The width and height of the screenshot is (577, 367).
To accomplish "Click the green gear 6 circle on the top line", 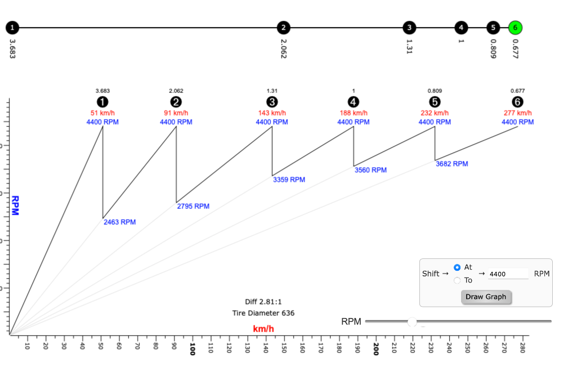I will [x=515, y=27].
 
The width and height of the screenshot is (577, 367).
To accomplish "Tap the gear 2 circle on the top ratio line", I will [x=284, y=27].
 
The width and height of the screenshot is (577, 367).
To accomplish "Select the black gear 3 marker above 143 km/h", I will [x=272, y=102].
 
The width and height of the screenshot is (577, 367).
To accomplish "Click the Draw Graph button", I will [x=486, y=297].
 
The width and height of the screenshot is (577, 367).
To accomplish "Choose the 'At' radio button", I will [x=458, y=267].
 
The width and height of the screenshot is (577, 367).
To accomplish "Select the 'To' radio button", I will [x=458, y=280].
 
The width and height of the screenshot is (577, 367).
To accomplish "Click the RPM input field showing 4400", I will [x=508, y=274].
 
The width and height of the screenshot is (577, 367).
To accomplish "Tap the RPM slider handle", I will [x=412, y=321].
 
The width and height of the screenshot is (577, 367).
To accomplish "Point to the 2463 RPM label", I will [x=120, y=222].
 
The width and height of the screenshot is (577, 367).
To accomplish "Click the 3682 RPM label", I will [x=452, y=164].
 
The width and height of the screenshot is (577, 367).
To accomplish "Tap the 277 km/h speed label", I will [x=518, y=113].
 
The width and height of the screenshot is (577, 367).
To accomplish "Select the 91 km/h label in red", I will [x=176, y=113].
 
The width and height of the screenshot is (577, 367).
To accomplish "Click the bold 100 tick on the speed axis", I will [x=193, y=348].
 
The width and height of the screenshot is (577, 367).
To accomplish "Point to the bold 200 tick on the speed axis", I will [x=376, y=348].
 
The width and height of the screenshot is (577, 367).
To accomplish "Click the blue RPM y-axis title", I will [x=15, y=205].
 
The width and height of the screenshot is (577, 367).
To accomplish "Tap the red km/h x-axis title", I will [x=263, y=329].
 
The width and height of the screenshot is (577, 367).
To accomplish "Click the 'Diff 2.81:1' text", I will [x=263, y=302].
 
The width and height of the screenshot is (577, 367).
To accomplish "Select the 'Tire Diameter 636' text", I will [x=263, y=313].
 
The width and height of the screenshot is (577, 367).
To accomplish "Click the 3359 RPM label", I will [x=289, y=180].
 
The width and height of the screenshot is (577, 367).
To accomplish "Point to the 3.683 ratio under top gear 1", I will [x=13, y=49].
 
